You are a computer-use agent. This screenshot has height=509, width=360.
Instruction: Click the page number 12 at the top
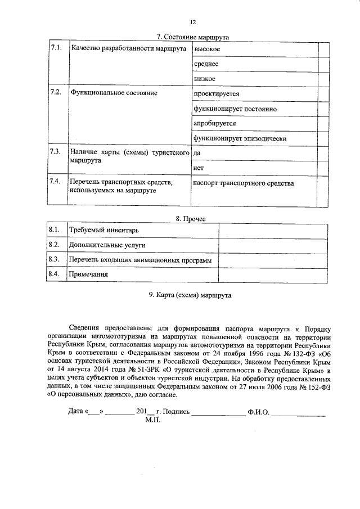(193, 22)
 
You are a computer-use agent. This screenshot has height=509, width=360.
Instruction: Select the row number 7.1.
(55, 49)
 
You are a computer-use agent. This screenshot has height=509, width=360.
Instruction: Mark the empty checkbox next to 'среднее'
(323, 64)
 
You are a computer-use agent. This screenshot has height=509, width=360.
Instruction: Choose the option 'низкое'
(205, 79)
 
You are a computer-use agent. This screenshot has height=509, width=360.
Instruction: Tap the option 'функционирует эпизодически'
(240, 138)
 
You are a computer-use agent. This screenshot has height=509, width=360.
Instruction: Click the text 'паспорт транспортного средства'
(243, 183)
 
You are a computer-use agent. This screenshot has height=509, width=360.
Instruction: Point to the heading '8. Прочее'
(186, 218)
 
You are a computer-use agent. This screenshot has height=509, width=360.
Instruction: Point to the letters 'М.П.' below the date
(152, 421)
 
